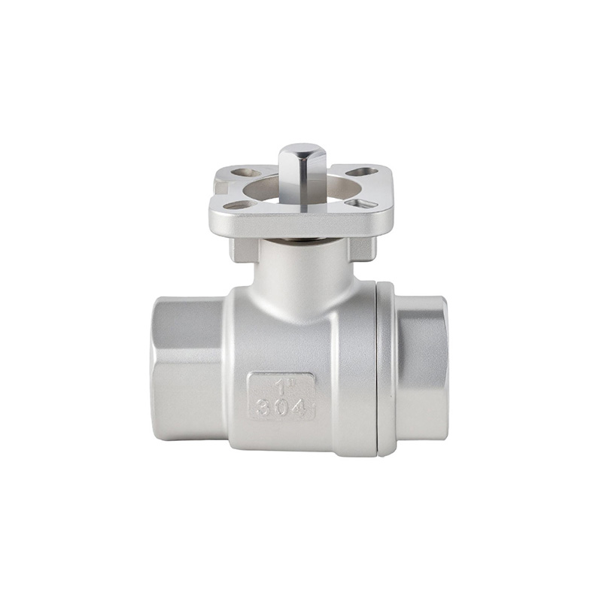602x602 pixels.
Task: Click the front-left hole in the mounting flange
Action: click(x=237, y=205)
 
